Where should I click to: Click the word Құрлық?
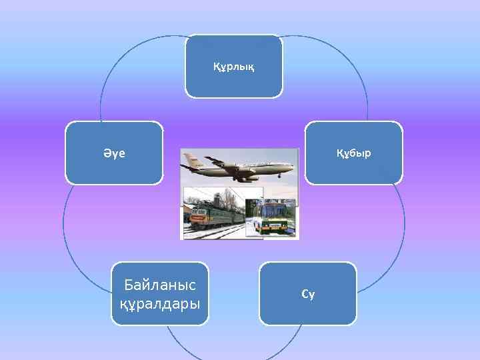coord(233,67)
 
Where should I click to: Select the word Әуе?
coord(114,153)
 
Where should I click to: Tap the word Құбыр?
coord(354,153)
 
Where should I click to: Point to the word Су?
coord(308,293)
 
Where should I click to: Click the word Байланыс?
coord(160,285)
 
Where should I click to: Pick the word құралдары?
coord(160,304)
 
